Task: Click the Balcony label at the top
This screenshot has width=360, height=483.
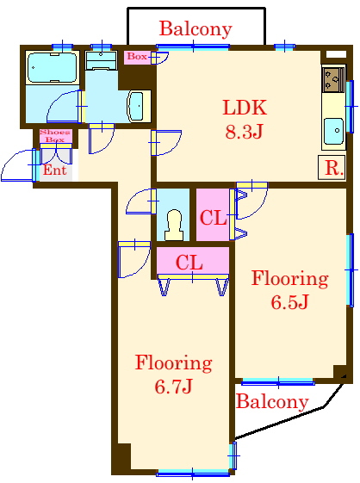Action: pos(196,29)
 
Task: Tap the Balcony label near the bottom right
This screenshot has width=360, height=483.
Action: pos(271,402)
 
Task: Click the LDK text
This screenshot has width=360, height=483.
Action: pos(245,108)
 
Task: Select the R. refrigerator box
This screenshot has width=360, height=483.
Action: pos(332,168)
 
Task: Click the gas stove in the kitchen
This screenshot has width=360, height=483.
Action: pos(333,80)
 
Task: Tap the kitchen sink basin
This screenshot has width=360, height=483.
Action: pos(334,132)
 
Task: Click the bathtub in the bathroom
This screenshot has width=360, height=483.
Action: pos(52,66)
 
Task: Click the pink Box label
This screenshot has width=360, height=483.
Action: pos(136,57)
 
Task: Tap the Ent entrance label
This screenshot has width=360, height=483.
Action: pos(53,170)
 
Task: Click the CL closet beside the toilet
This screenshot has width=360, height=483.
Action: pos(213,218)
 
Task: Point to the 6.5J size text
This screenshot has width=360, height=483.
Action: pos(289,303)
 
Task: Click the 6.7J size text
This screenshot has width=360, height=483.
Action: pos(173,387)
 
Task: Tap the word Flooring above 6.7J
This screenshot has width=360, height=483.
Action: pos(173,362)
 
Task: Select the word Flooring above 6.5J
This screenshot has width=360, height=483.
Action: pos(289,279)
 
